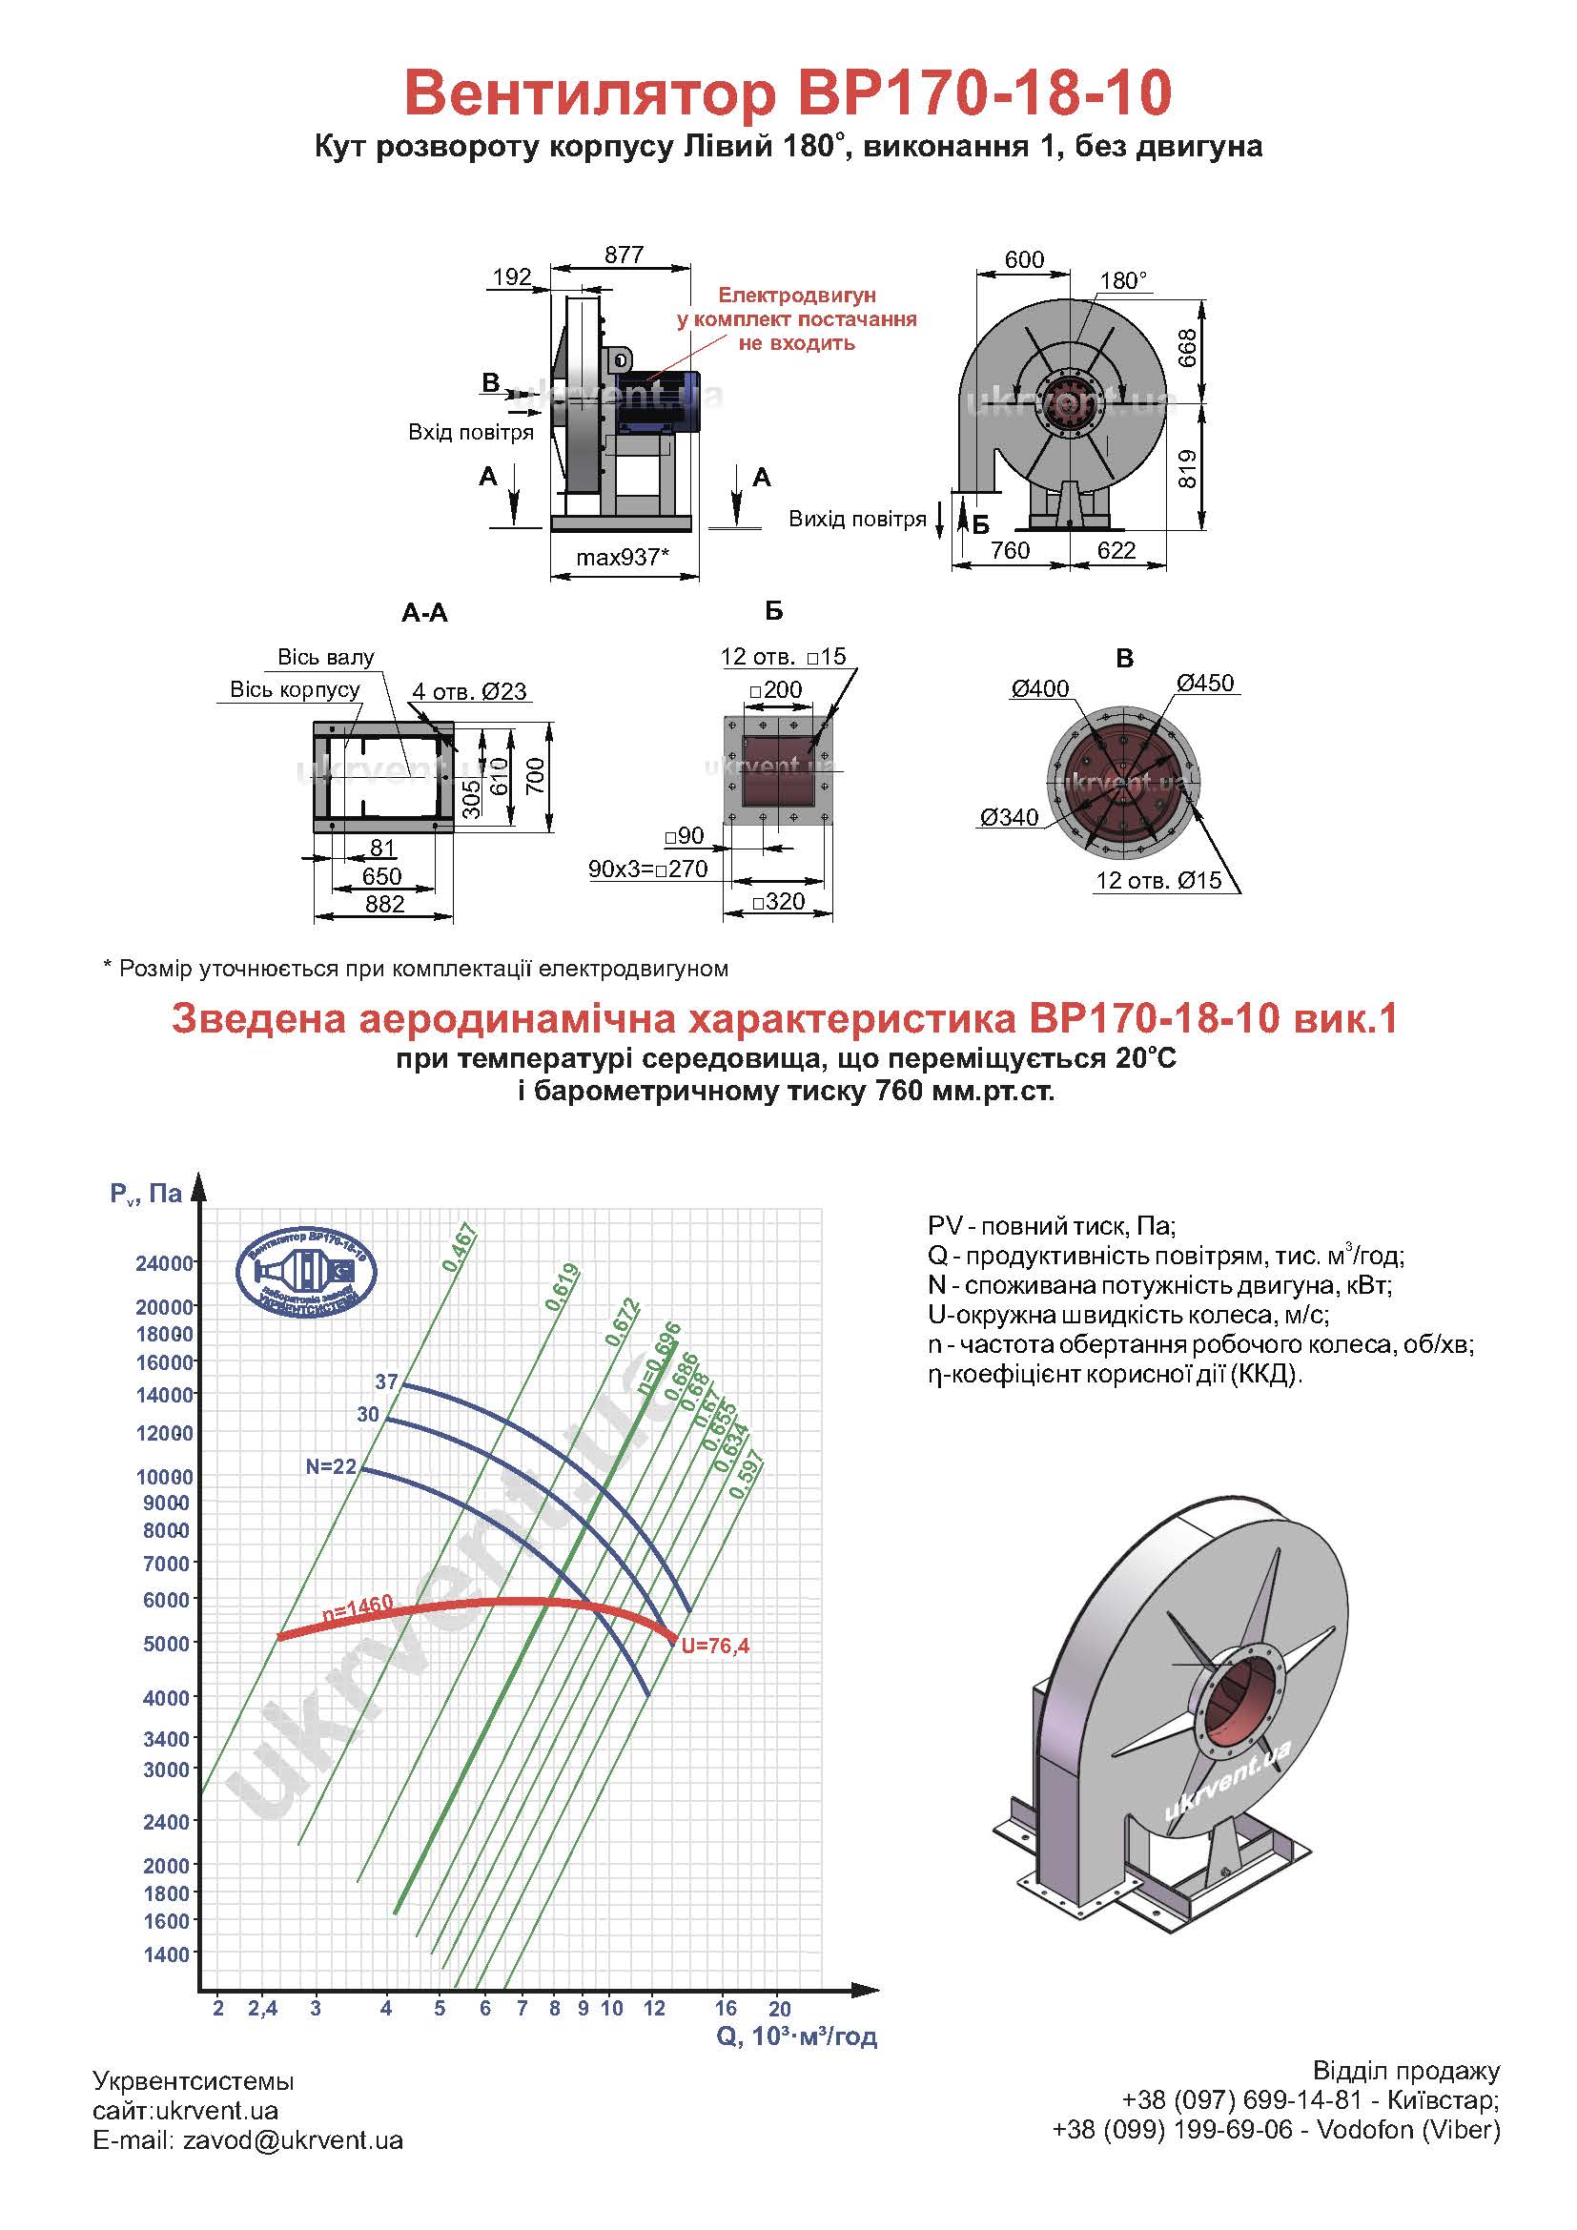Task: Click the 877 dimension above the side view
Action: coord(624,255)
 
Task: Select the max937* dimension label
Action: coord(623,558)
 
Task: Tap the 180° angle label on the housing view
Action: coord(1122,280)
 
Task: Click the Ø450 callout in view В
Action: coord(1205,683)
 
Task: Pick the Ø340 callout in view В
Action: coord(1009,817)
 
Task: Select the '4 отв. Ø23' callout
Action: coord(469,691)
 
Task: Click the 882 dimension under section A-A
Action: coord(384,903)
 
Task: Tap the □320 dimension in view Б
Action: coord(779,901)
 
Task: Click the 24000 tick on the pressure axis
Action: coord(164,1263)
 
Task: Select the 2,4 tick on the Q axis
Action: coord(262,2009)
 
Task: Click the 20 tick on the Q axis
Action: coord(780,2009)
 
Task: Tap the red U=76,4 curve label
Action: coord(715,1646)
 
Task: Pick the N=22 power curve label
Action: coord(331,1466)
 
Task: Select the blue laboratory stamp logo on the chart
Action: coord(306,1272)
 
